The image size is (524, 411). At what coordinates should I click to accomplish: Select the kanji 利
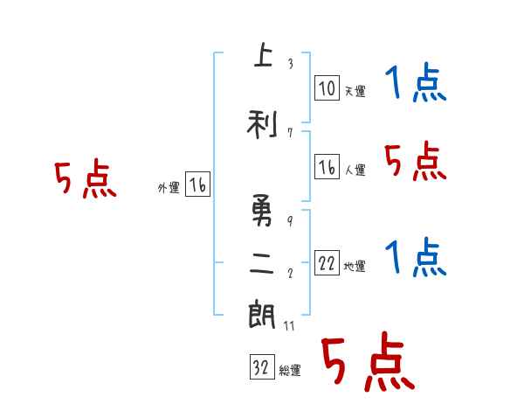tap(262, 125)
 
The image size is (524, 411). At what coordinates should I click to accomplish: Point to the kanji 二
tap(262, 265)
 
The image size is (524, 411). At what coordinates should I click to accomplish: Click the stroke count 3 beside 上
tap(289, 64)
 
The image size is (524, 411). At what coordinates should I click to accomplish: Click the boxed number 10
tap(327, 88)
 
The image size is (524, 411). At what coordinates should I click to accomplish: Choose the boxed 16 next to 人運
tap(327, 168)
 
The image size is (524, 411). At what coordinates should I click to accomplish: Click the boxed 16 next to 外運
tap(198, 185)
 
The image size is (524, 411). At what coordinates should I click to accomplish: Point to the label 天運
tap(355, 91)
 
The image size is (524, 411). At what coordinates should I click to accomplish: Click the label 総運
tap(290, 371)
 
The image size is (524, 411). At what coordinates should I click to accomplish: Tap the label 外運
tap(169, 187)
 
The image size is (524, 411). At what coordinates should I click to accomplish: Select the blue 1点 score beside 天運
tap(415, 85)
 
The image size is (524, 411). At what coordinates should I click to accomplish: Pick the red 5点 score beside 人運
tap(415, 161)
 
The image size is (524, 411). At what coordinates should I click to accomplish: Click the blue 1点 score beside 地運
tap(415, 258)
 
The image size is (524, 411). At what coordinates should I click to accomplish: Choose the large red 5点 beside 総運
tap(366, 363)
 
